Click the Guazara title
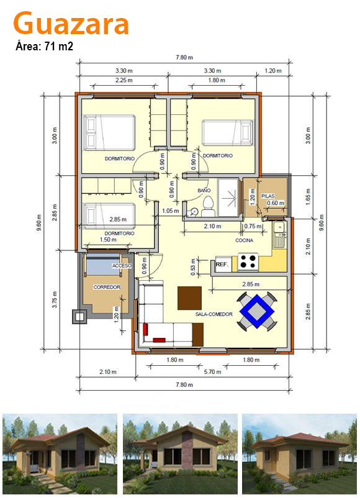tap(71, 23)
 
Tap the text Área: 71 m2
tap(44, 47)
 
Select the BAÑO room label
tap(204, 190)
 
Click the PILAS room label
tap(268, 196)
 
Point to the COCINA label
tap(245, 240)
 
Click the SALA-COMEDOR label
tap(214, 314)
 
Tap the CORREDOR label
tap(107, 287)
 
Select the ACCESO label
tap(122, 266)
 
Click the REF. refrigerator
tap(222, 265)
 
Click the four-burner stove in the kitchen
tap(248, 261)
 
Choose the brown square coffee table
tap(189, 298)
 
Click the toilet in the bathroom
tap(208, 206)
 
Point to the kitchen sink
tap(279, 235)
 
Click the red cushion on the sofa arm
tap(146, 329)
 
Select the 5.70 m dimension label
tap(212, 372)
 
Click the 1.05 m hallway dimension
tap(171, 211)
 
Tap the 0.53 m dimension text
tap(193, 266)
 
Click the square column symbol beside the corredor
tap(79, 317)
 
